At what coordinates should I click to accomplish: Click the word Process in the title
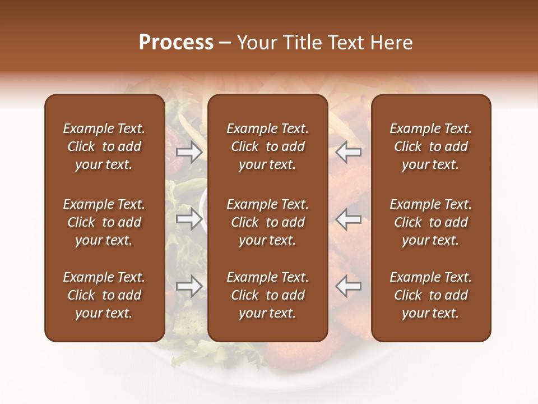176,43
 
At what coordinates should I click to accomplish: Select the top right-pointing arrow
189,152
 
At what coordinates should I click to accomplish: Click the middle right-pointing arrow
189,219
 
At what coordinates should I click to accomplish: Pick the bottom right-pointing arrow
189,286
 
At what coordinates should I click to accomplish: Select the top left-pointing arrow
349,152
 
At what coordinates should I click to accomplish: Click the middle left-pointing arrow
349,219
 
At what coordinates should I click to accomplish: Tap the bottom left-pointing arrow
349,286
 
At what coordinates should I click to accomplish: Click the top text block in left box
104,146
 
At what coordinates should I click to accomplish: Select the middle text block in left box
104,222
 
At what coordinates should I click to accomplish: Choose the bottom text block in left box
104,295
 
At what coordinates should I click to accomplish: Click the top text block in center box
267,146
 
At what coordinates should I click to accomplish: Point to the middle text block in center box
267,222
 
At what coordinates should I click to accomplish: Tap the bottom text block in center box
267,295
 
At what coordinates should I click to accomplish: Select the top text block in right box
430,146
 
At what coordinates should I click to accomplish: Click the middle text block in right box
430,222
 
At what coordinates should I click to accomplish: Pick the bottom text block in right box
430,295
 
